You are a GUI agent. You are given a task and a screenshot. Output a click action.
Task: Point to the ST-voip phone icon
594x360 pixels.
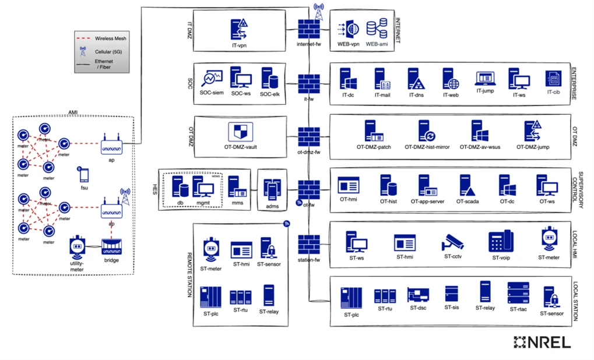[x=500, y=241]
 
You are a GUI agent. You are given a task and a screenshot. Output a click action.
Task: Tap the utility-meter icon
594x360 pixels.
[x=77, y=247]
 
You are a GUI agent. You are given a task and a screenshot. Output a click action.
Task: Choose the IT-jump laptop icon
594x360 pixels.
[x=486, y=79]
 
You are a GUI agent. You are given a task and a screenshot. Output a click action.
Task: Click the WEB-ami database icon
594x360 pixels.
[x=377, y=29]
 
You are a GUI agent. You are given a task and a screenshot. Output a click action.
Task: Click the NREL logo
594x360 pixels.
[x=542, y=343]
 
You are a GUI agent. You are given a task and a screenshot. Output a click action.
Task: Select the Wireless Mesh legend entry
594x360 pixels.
[x=103, y=38]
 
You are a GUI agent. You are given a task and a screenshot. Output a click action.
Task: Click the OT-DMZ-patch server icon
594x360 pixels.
[x=373, y=132]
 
